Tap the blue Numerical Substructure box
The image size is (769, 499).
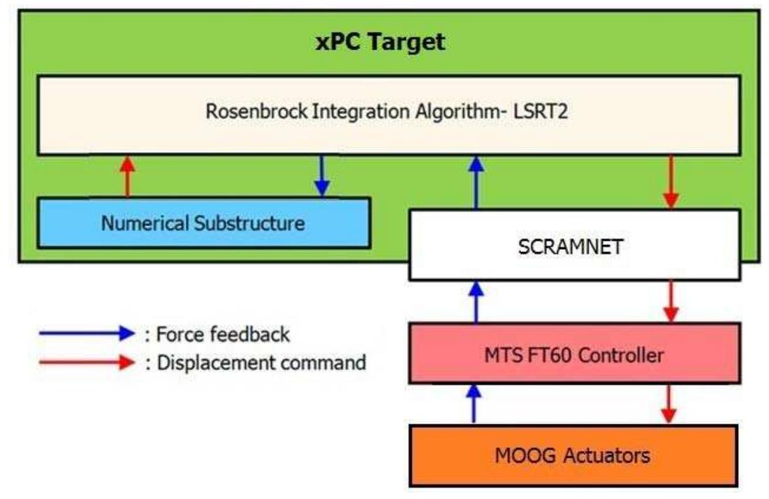[x=203, y=223]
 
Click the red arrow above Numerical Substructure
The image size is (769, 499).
[x=126, y=176]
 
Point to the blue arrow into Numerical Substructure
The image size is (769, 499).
[x=321, y=176]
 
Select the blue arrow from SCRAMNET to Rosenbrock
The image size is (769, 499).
[x=476, y=181]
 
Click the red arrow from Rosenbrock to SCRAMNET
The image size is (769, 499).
[x=671, y=181]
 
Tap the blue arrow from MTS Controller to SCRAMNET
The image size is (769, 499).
[x=476, y=301]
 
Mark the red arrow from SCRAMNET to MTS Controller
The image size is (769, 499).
[x=671, y=301]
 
